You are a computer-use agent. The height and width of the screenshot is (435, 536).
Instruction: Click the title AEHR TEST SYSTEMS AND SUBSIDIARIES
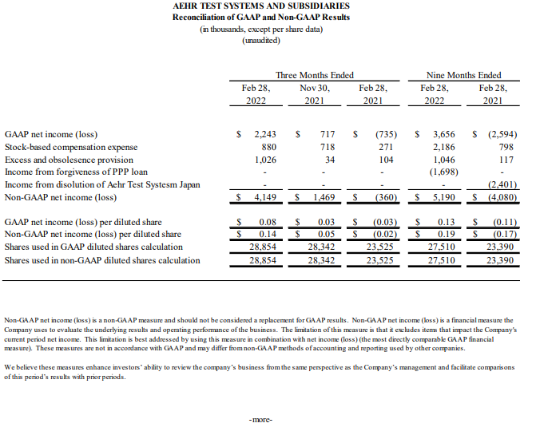coord(261,6)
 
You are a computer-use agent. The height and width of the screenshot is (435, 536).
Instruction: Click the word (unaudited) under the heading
coord(261,40)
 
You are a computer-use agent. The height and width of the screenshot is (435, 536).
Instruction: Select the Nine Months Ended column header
coord(464,75)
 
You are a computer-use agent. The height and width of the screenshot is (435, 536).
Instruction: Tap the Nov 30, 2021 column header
coord(315,95)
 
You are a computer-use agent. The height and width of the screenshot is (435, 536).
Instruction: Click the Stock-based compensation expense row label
coord(71,148)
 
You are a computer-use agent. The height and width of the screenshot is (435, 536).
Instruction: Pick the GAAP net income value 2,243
coord(264,135)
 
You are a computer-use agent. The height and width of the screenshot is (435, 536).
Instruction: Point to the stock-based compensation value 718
coord(325,148)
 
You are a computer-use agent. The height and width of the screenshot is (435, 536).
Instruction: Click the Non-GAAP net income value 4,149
coord(264,196)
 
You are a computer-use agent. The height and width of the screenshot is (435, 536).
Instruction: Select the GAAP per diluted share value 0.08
coord(268,222)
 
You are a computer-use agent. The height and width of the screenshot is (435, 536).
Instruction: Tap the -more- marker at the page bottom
coord(261,419)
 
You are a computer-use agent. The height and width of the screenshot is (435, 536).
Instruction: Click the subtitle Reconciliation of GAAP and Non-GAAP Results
coord(261,18)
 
